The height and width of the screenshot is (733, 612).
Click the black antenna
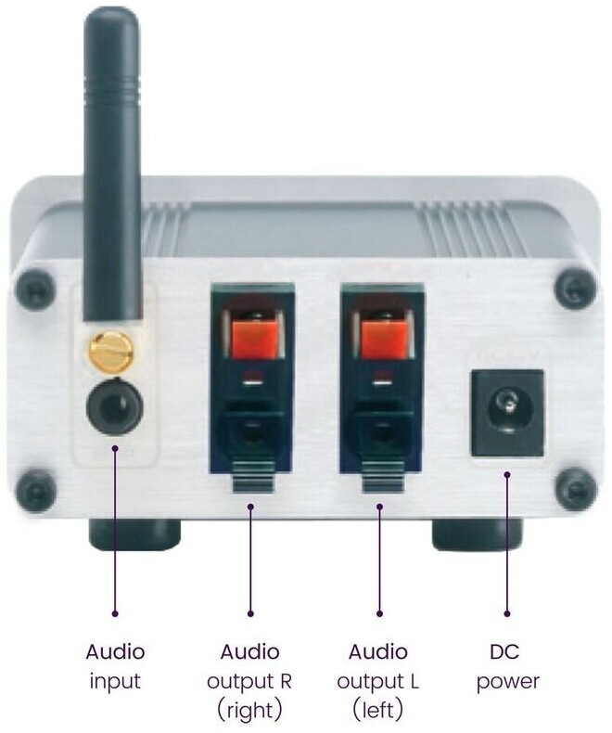point(114,167)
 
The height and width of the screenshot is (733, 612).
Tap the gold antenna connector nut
point(114,348)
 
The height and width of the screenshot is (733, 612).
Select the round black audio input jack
point(114,405)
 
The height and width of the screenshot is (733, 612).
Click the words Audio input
point(115,665)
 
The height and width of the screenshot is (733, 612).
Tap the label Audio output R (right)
point(250,681)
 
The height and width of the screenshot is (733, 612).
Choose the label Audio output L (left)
point(378,681)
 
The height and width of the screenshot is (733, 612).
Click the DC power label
point(507,665)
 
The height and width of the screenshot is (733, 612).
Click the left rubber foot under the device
point(134,534)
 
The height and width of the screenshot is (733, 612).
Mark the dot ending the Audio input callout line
point(115,613)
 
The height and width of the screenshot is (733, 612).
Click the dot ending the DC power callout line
point(507,613)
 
